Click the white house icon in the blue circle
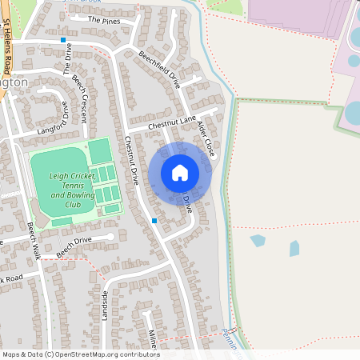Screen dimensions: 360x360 coord(180,172)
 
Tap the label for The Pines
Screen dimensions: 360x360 coord(104,19)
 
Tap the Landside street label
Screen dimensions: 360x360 coord(104,305)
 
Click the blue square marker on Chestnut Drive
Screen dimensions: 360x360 coord(154,220)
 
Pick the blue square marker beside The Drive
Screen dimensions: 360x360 coord(62,39)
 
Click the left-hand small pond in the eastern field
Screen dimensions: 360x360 coord(258,239)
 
